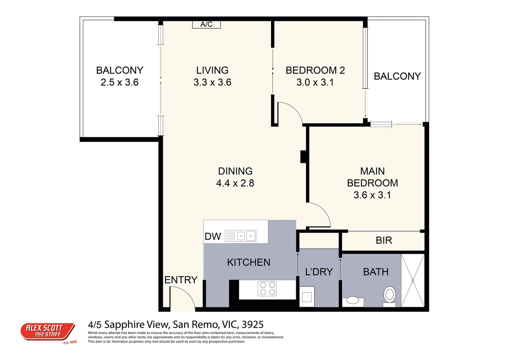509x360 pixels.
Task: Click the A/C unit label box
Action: (206, 24)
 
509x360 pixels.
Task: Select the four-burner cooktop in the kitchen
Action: (267, 289)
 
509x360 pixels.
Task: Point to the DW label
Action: (213, 236)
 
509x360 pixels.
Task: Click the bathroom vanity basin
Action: (353, 300)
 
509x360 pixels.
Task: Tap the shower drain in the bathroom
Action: (413, 280)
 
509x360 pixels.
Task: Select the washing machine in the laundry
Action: (307, 296)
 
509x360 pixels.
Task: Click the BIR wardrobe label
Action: (384, 240)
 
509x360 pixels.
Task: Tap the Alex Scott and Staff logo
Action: (48, 332)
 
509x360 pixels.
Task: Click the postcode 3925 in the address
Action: (252, 324)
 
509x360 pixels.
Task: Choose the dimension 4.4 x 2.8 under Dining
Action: (235, 183)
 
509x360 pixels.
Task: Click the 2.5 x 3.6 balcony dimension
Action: (119, 82)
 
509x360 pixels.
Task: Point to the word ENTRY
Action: (181, 280)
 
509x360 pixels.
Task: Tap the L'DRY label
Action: (319, 272)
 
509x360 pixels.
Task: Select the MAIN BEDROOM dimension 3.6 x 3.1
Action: (372, 195)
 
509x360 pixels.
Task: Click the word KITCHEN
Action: (248, 262)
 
